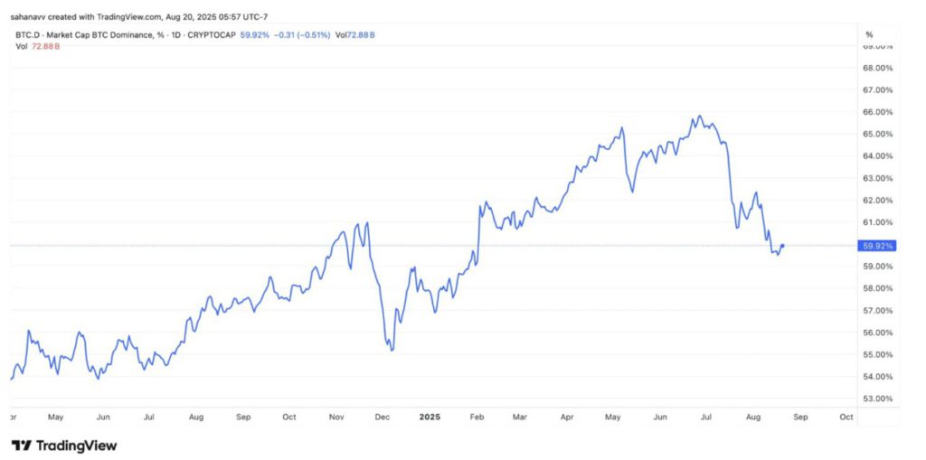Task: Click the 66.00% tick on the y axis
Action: tap(878, 112)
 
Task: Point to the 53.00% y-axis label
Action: tap(878, 399)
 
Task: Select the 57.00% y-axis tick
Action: tap(878, 310)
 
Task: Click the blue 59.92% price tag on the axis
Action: tap(878, 245)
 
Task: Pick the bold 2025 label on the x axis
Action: tap(430, 418)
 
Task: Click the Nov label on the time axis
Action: tap(336, 418)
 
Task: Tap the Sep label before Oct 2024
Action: tap(242, 418)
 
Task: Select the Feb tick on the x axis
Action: tap(477, 418)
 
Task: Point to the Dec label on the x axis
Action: tap(382, 418)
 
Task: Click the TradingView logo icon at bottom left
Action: tap(21, 446)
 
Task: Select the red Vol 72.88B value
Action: tap(45, 45)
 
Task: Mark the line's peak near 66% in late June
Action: tap(697, 117)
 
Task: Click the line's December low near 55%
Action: tap(391, 350)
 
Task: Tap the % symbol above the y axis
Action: tap(870, 34)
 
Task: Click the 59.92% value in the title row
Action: tap(256, 34)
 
